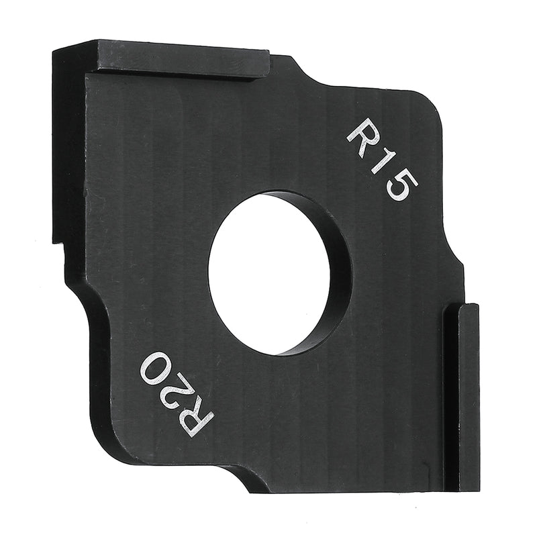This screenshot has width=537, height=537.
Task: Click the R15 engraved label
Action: pyautogui.click(x=382, y=159)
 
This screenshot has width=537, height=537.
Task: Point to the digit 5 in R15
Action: pyautogui.click(x=402, y=186)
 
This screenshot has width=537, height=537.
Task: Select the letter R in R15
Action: pyautogui.click(x=364, y=136)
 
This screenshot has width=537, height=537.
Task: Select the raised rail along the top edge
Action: pyautogui.click(x=181, y=59)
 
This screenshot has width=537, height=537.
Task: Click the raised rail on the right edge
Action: pyautogui.click(x=462, y=396)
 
